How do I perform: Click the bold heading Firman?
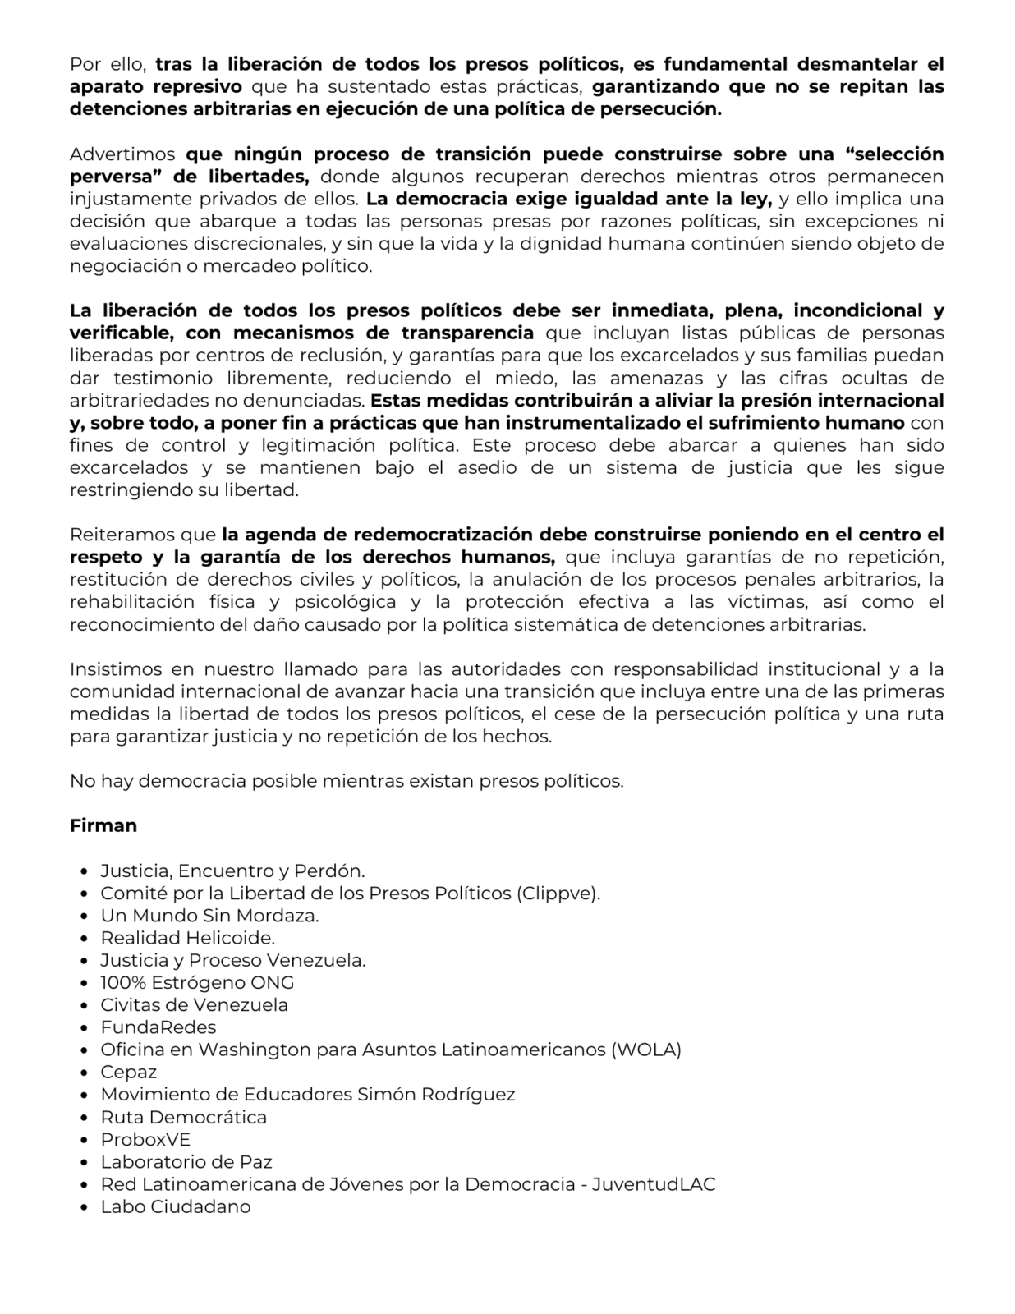coord(103,825)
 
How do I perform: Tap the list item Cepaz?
coord(129,1072)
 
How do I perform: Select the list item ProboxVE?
coord(145,1139)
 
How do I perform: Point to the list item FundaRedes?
coord(158,1027)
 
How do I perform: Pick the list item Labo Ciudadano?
coord(176,1206)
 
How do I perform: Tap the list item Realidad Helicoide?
coord(187,938)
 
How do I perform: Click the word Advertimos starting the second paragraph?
coord(123,154)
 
